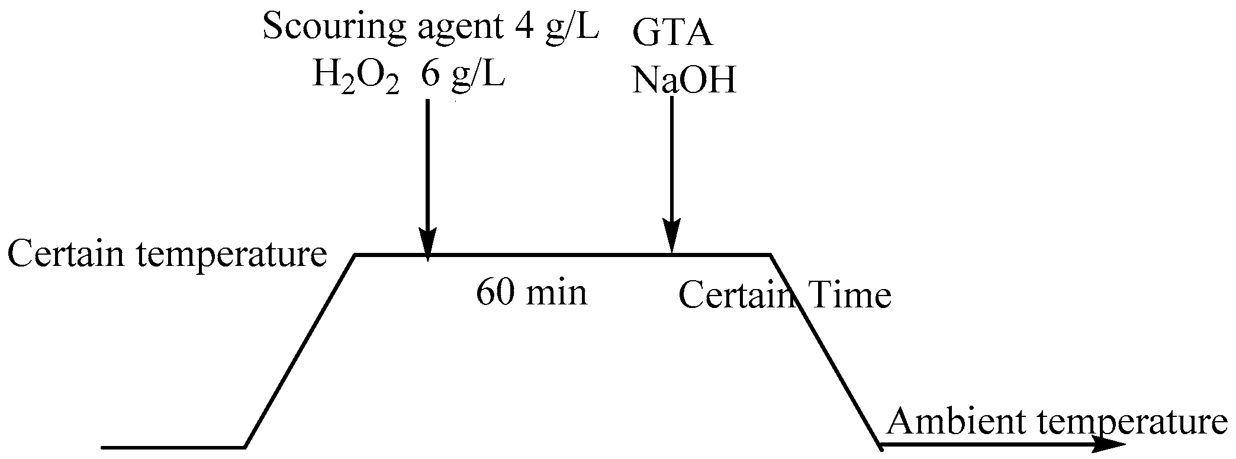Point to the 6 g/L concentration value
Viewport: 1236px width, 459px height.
pos(463,77)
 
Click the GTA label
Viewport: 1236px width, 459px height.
pos(672,33)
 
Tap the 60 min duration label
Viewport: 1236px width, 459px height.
pos(532,293)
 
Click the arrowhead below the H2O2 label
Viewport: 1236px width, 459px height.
pos(427,243)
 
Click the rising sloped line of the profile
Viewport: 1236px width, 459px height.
pos(300,351)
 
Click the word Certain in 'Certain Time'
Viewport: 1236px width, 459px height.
pos(734,295)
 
